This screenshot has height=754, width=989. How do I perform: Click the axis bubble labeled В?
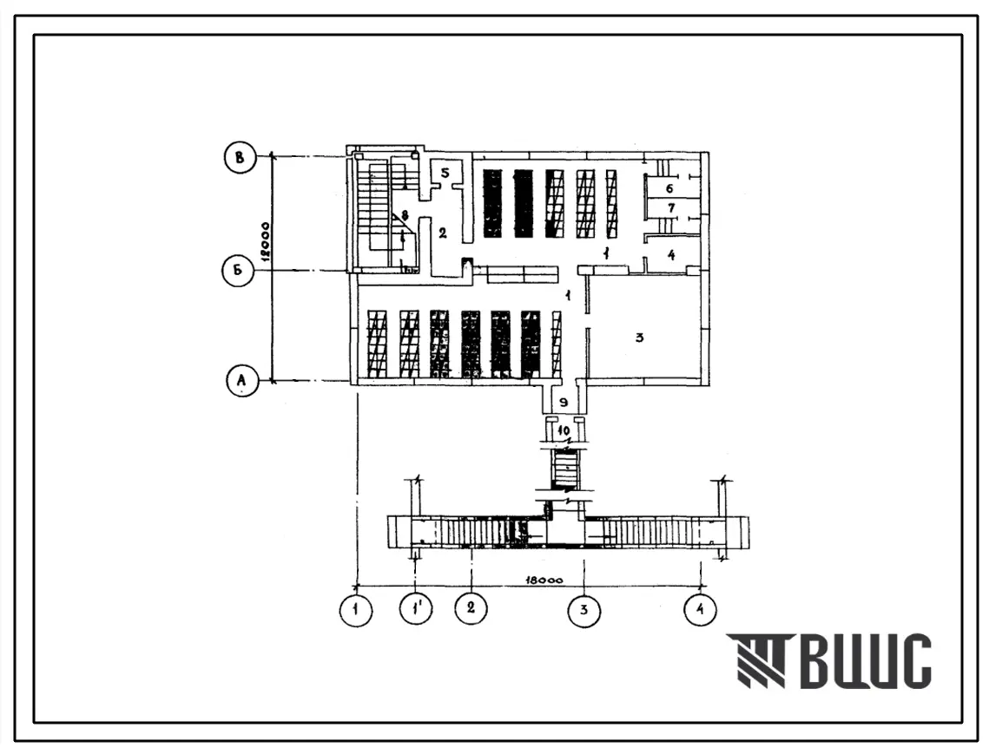pos(241,157)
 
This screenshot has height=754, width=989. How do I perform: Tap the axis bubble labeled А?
pos(241,381)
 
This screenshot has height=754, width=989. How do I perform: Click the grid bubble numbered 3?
pos(584,610)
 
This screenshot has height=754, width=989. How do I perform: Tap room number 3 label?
pos(639,338)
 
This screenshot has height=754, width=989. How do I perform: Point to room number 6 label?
pos(670,187)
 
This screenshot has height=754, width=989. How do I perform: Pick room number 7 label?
pos(670,209)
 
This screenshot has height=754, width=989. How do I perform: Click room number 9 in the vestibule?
pos(564,403)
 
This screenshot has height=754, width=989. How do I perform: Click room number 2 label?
pos(441,233)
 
